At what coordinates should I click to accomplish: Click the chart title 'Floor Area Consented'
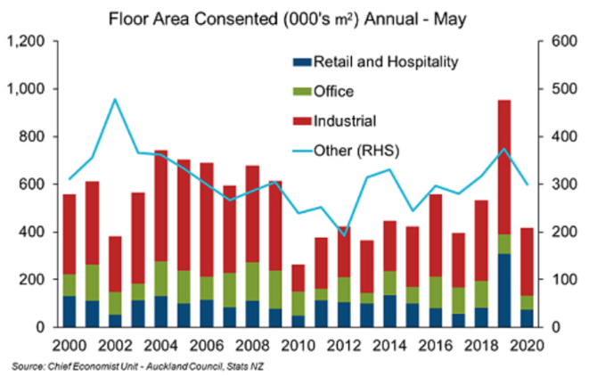(x=193, y=19)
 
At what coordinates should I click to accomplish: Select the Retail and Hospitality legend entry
(x=376, y=61)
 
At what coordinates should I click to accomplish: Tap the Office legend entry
(x=323, y=92)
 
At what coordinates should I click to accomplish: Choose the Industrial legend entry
(x=334, y=121)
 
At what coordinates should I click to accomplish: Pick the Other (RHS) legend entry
(x=346, y=151)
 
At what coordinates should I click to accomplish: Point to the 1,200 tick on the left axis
(x=27, y=41)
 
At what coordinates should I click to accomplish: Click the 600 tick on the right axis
(x=564, y=41)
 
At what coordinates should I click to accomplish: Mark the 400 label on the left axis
(x=32, y=232)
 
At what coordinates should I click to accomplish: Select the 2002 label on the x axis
(x=115, y=346)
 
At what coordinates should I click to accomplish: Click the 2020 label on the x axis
(x=527, y=346)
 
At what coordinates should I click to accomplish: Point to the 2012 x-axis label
(x=344, y=346)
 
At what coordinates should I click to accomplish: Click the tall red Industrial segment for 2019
(x=504, y=168)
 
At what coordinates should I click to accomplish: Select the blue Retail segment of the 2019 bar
(x=504, y=291)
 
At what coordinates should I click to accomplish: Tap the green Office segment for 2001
(x=92, y=283)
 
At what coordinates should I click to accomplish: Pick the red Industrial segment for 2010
(x=298, y=278)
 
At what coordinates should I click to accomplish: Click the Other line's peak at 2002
(x=115, y=99)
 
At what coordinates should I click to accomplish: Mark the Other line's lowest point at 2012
(x=344, y=235)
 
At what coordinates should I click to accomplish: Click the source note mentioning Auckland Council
(x=137, y=366)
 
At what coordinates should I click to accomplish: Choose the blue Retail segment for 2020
(x=527, y=318)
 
